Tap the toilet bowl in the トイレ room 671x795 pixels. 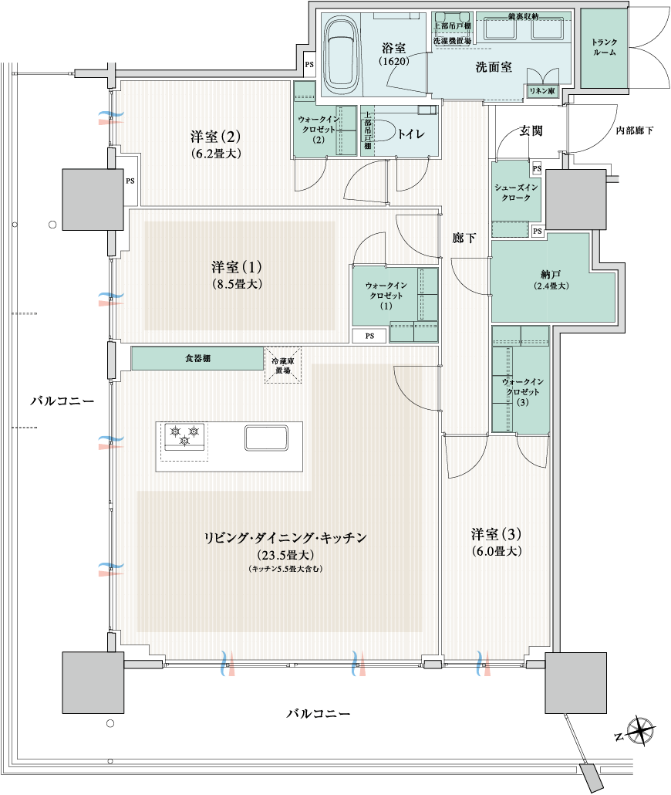[384, 133]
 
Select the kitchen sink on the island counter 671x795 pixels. [267, 438]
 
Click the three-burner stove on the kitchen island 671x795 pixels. [184, 436]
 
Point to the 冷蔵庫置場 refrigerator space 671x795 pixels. [283, 365]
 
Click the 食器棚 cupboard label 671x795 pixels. [197, 358]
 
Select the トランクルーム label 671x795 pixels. [604, 47]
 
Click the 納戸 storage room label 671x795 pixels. [551, 274]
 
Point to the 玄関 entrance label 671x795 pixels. [531, 130]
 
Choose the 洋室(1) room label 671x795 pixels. [237, 267]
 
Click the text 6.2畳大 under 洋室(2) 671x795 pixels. [217, 153]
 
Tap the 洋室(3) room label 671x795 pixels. [496, 534]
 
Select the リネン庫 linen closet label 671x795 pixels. [541, 91]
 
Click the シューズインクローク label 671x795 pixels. [516, 192]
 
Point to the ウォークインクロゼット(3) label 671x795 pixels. [523, 391]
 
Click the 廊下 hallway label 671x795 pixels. [464, 237]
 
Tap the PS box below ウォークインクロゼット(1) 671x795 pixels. [369, 336]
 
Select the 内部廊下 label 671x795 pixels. [635, 130]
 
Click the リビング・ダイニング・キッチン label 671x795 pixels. [285, 537]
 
